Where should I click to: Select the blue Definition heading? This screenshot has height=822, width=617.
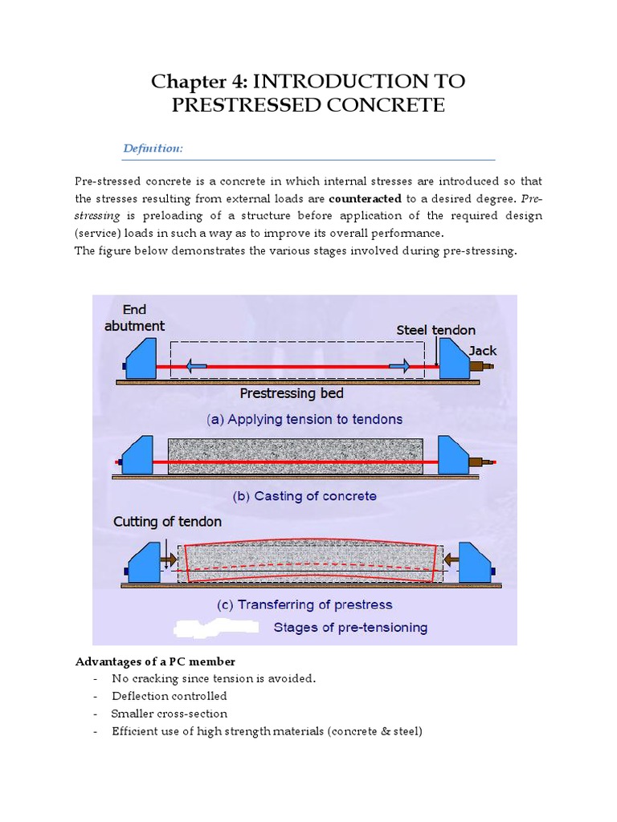pos(153,149)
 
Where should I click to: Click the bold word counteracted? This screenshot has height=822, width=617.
pos(365,198)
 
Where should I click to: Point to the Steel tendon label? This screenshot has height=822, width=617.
pos(435,330)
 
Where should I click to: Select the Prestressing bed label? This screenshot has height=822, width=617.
pos(292,393)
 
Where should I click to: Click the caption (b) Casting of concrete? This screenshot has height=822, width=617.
pos(304,496)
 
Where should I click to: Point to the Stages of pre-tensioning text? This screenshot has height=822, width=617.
pos(350,627)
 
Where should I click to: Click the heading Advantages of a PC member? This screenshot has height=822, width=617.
pos(155,661)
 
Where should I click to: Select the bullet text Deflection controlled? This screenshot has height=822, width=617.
pos(170,696)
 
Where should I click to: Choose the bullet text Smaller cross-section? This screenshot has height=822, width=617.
pos(170,714)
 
